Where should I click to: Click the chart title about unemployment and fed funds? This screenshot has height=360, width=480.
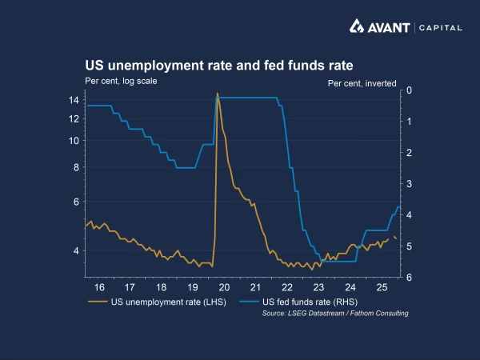coord(219,65)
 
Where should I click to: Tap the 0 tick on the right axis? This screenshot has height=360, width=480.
coord(408,90)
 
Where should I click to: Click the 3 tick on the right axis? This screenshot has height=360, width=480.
coord(408,184)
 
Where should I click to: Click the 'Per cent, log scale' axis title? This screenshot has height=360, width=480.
coord(122,80)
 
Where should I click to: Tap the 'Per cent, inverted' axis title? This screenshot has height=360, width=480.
coord(362,82)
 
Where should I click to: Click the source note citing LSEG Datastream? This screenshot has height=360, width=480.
coord(335,314)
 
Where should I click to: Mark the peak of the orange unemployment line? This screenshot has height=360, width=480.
coord(217,94)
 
